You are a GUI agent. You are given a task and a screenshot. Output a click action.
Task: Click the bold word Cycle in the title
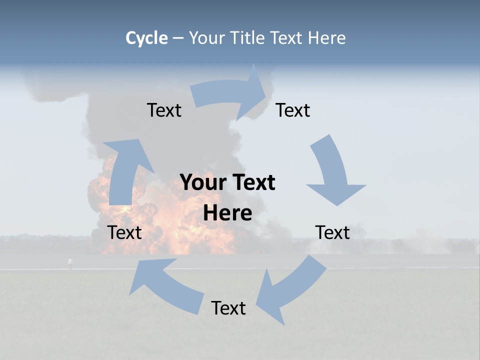[146, 38]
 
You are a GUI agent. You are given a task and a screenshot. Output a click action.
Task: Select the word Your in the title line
[205, 38]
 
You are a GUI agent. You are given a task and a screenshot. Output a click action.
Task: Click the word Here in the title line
[326, 38]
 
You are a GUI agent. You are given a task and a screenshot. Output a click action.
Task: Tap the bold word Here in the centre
[227, 213]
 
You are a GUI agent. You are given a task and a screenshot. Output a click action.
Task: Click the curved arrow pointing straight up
[125, 170]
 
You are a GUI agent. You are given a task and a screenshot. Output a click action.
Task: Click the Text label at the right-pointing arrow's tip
[293, 110]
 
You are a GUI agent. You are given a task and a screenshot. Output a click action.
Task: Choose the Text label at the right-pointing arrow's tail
[164, 110]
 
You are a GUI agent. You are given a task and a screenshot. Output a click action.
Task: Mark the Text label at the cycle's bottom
[228, 308]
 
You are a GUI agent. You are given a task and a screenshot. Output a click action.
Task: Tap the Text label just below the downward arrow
[332, 232]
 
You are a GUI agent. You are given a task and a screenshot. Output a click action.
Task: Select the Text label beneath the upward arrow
[124, 232]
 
